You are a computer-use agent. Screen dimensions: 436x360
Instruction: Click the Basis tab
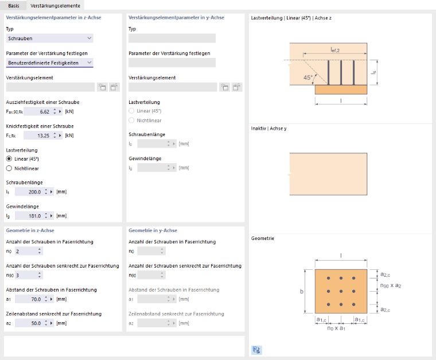[x=14, y=6]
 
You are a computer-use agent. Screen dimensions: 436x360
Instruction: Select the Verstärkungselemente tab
[x=55, y=6]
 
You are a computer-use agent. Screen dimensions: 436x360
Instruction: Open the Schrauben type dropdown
[x=49, y=38]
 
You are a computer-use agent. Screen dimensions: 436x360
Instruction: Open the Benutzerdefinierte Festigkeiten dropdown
[x=49, y=63]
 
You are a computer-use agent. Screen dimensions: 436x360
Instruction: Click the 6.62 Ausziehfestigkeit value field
[x=37, y=111]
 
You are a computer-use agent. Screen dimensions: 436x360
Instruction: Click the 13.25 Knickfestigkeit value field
[x=37, y=136]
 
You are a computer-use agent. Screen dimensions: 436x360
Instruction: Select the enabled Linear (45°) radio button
[x=9, y=159]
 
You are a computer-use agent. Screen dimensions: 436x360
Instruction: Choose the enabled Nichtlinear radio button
[x=9, y=168]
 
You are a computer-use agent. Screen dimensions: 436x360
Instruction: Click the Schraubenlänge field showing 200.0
[x=29, y=192]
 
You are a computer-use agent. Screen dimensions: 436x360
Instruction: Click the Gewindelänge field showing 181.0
[x=29, y=216]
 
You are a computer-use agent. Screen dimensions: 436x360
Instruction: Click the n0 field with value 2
[x=26, y=251]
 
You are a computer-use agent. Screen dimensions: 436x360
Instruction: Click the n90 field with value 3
[x=26, y=275]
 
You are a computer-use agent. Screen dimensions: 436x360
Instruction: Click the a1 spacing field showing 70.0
[x=29, y=299]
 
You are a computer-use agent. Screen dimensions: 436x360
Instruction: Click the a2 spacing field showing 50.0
[x=29, y=323]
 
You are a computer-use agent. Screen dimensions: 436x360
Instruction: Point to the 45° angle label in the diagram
[x=308, y=78]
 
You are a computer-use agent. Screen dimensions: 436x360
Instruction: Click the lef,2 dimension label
[x=335, y=50]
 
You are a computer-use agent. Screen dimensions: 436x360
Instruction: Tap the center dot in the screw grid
[x=341, y=291]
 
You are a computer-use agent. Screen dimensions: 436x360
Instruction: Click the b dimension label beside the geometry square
[x=302, y=291]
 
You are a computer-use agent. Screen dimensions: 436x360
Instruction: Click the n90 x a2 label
[x=391, y=285]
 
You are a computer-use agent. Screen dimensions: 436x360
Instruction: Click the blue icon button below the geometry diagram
[x=256, y=350]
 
